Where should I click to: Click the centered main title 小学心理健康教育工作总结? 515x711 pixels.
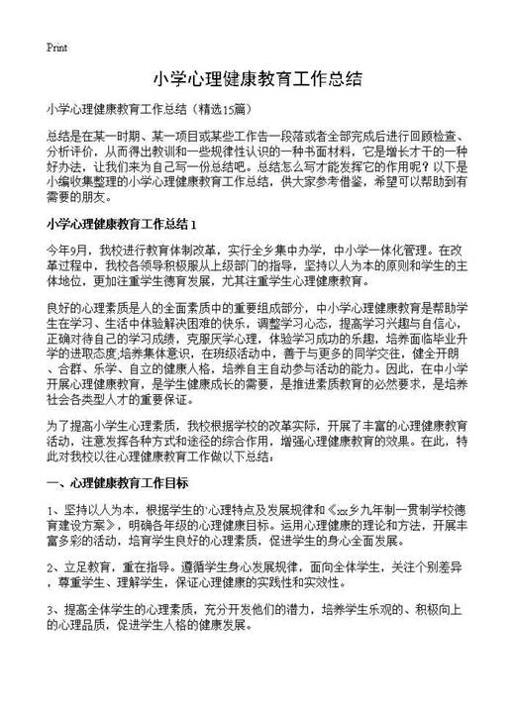257,78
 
